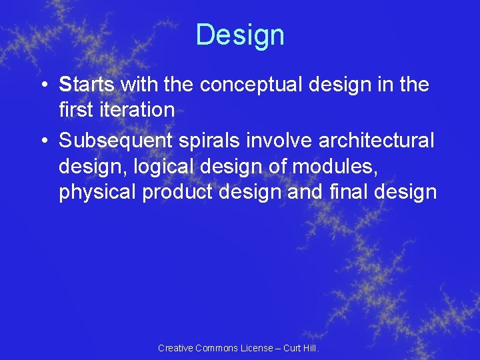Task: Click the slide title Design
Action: point(240,35)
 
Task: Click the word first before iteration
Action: point(75,109)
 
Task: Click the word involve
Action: point(281,141)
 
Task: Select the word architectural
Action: point(377,141)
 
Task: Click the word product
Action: point(172,192)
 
